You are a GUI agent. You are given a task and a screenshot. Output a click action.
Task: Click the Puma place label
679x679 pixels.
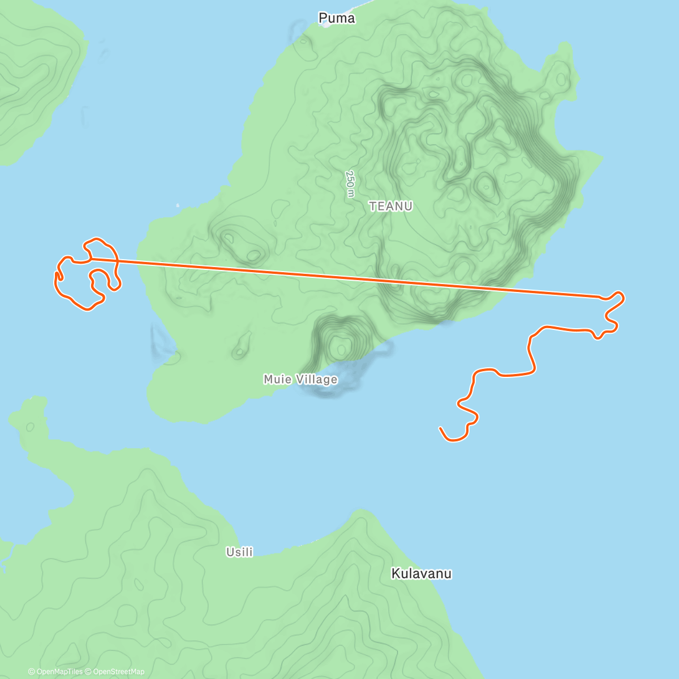(x=337, y=18)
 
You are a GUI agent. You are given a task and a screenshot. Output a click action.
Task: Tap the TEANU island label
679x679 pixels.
(x=390, y=207)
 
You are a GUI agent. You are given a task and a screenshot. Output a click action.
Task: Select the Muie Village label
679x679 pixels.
(x=300, y=379)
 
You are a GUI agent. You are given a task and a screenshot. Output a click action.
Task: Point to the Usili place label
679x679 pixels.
(x=239, y=552)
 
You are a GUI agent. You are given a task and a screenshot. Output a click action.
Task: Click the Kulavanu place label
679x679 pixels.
(x=421, y=574)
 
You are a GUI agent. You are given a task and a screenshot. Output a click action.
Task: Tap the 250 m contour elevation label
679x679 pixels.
(x=350, y=184)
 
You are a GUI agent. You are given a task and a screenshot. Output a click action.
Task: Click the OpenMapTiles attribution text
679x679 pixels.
(x=59, y=672)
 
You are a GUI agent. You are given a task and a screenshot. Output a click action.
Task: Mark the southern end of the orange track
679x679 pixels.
(x=441, y=429)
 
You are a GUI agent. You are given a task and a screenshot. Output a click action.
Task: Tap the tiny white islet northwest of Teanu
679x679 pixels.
(x=178, y=205)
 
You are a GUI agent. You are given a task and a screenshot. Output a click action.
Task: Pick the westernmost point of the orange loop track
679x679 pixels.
(x=55, y=277)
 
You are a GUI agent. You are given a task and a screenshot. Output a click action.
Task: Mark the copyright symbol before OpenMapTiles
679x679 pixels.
(x=32, y=672)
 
